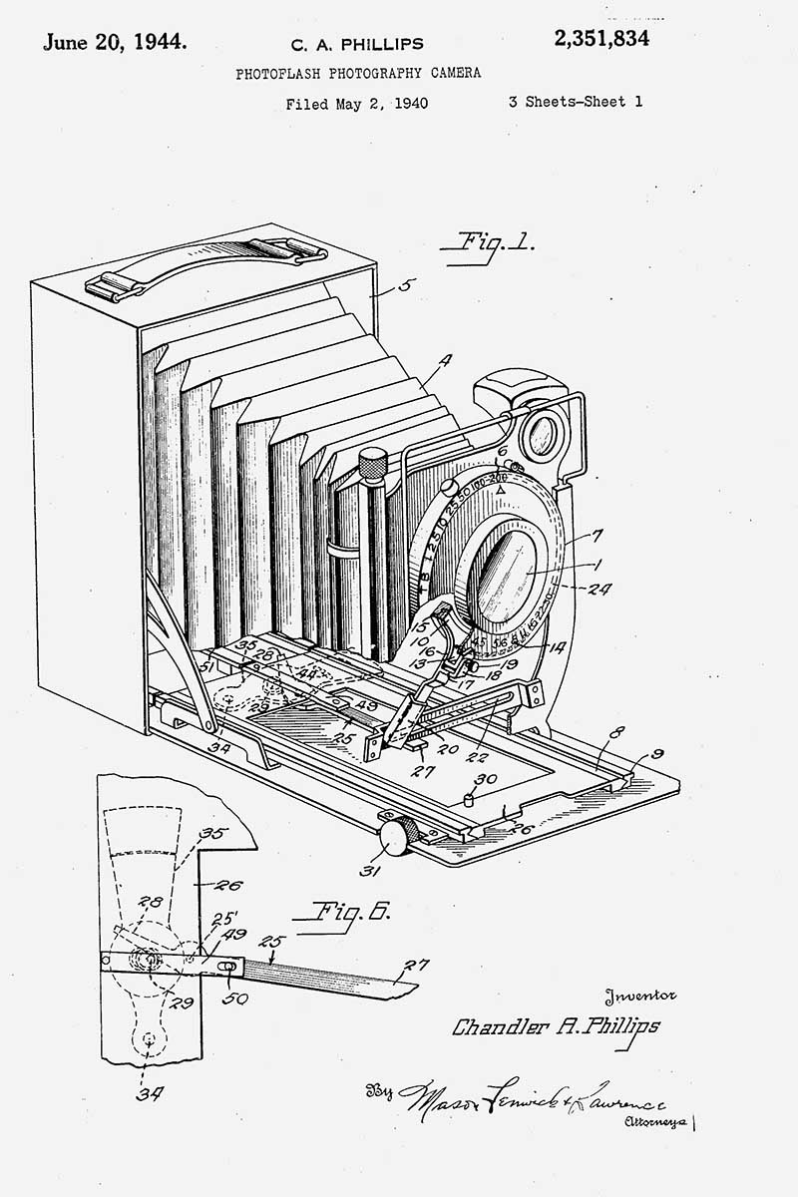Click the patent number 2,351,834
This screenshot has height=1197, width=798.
point(600,39)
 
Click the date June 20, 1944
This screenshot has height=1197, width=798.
point(113,41)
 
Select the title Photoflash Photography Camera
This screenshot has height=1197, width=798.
point(357,73)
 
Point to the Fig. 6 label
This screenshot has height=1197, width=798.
point(352,911)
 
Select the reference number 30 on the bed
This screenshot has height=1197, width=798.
point(486,780)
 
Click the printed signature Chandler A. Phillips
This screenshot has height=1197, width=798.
point(556,1026)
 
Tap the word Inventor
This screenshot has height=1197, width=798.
point(639,995)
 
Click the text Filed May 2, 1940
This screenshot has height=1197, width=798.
point(356,104)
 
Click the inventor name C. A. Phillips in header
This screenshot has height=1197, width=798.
point(356,44)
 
